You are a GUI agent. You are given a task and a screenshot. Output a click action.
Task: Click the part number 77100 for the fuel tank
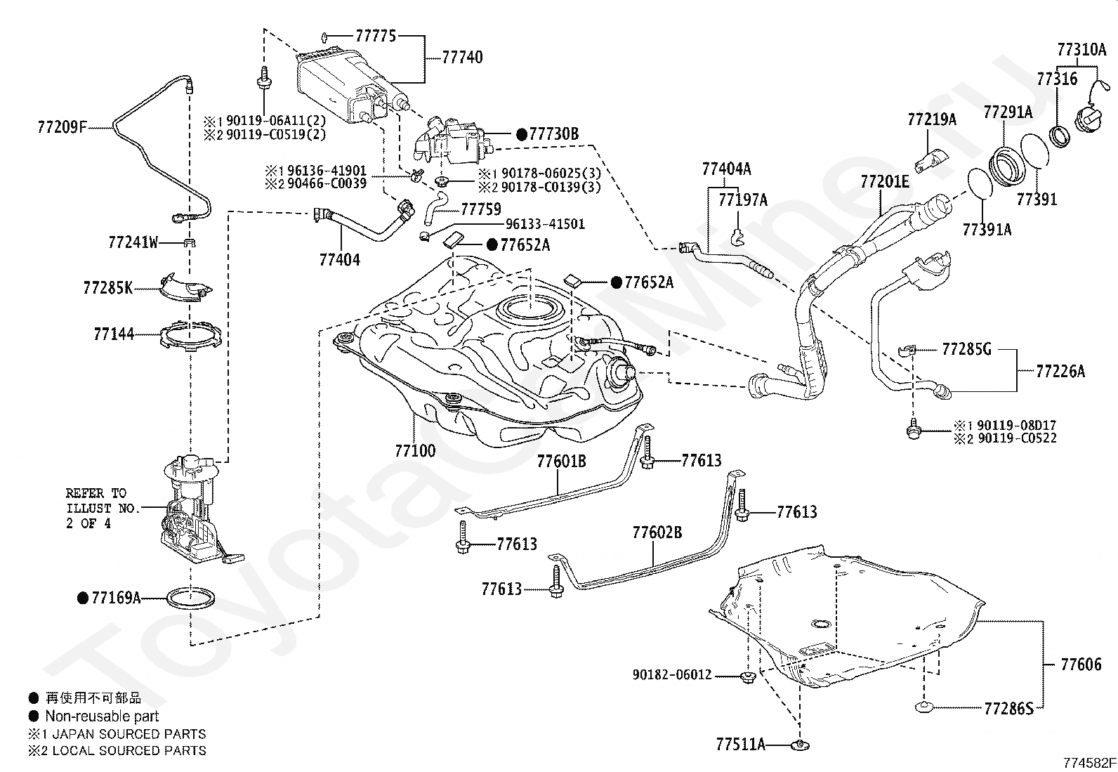click(x=415, y=450)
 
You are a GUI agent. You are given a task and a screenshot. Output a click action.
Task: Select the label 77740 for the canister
click(x=462, y=57)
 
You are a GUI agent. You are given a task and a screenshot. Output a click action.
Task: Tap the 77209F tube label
click(x=62, y=127)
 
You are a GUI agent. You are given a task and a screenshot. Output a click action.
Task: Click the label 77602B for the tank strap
click(x=657, y=532)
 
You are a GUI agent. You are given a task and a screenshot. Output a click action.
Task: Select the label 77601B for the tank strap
click(x=561, y=461)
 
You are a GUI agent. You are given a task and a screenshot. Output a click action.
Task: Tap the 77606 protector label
click(x=1081, y=663)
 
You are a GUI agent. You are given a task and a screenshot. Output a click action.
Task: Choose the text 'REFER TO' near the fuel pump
click(x=96, y=493)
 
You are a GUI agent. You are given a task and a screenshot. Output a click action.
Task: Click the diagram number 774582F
click(x=1089, y=761)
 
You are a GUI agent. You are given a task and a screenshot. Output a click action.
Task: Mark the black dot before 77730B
click(x=522, y=133)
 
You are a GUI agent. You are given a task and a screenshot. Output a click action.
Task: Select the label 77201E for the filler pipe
click(x=885, y=182)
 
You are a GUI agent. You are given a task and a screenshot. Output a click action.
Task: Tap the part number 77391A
click(x=987, y=228)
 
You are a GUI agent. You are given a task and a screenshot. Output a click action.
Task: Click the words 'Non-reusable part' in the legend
click(x=102, y=716)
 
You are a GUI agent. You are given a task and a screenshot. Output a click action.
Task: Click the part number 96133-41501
click(x=545, y=224)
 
